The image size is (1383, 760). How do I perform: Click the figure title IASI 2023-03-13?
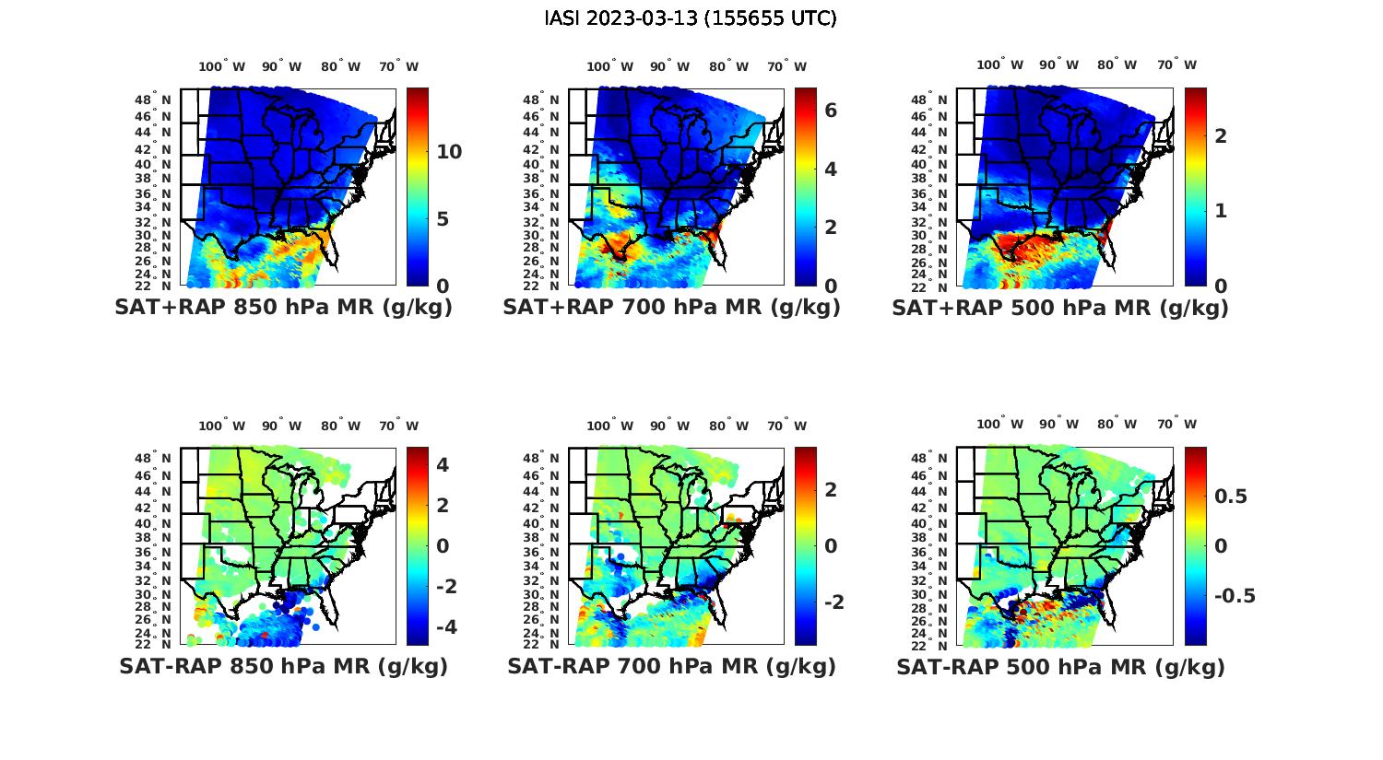click(691, 18)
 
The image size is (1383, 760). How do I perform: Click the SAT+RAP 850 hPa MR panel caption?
click(284, 308)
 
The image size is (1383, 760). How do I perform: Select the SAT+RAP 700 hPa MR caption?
click(672, 308)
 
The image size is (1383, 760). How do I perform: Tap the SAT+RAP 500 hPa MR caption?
click(1060, 308)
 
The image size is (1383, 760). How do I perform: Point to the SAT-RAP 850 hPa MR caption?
click(284, 666)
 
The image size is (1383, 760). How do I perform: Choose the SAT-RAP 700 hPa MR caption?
click(672, 666)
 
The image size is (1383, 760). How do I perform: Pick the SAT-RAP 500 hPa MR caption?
click(1060, 667)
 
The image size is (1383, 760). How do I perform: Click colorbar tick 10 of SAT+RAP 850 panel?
click(449, 152)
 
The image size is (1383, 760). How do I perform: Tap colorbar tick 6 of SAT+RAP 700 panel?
click(831, 111)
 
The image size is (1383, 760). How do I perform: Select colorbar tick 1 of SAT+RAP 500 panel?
click(1221, 210)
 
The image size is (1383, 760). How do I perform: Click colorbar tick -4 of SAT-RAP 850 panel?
click(443, 626)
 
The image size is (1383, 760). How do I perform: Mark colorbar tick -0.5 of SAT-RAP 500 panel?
click(1235, 595)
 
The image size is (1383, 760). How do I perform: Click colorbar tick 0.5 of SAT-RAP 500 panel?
click(1231, 497)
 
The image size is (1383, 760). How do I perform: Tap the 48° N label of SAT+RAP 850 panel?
click(153, 99)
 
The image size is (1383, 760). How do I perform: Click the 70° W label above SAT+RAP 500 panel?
click(1176, 64)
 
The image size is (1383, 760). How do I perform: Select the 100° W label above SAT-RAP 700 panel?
click(609, 426)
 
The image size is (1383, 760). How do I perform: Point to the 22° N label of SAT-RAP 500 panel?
click(929, 644)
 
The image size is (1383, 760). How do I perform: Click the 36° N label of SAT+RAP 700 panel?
click(541, 193)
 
